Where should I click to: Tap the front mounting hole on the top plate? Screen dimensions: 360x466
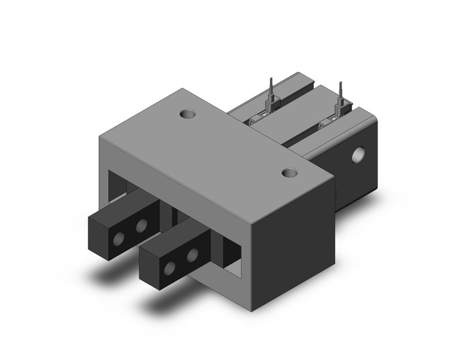click(290, 174)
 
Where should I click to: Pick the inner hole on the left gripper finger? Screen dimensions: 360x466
click(142, 226)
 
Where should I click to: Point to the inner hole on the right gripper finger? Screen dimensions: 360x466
click(193, 253)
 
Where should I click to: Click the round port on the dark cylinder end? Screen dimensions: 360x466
click(357, 155)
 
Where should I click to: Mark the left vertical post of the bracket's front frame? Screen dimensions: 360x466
click(104, 178)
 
